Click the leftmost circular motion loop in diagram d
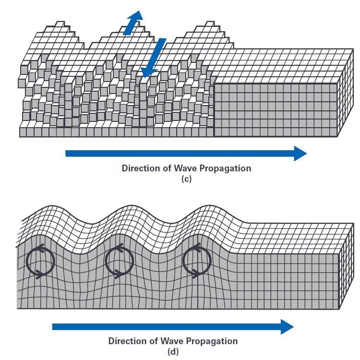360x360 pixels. pyautogui.click(x=40, y=262)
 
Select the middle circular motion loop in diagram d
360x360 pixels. pyautogui.click(x=119, y=262)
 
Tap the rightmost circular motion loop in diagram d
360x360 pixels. pyautogui.click(x=197, y=262)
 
